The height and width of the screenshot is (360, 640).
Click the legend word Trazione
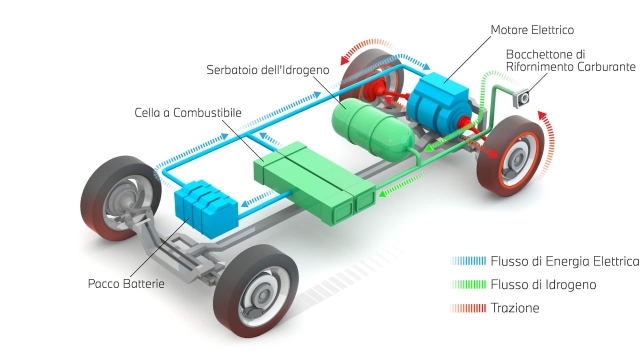click(515, 308)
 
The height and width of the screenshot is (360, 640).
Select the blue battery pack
click(206, 203)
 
